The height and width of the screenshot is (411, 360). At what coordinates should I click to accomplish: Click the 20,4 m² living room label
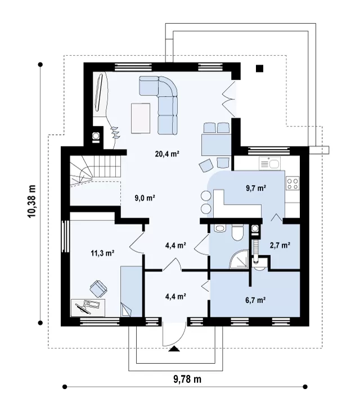click(167, 154)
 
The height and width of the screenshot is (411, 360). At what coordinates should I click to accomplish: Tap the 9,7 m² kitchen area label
click(256, 188)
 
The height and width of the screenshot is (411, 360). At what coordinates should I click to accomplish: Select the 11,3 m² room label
click(102, 253)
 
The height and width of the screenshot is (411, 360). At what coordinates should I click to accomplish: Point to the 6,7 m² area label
click(255, 300)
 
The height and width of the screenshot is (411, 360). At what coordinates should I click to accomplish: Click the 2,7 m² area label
click(280, 245)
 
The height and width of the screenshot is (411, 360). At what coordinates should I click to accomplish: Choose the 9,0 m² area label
click(145, 198)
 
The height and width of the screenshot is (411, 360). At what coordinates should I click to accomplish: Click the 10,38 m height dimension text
click(31, 201)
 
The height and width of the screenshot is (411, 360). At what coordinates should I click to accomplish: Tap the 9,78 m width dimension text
click(187, 379)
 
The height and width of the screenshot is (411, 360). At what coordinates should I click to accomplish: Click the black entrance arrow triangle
click(174, 349)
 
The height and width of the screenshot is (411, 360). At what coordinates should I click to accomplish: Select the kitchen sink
click(269, 164)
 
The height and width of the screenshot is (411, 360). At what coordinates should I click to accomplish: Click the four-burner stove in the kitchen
click(292, 183)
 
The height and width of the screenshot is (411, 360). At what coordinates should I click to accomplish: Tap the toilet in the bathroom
click(238, 233)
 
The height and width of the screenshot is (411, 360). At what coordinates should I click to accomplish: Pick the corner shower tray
click(238, 259)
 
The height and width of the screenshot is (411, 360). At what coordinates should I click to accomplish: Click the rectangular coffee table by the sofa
click(141, 118)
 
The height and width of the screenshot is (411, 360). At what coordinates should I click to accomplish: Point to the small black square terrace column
click(259, 69)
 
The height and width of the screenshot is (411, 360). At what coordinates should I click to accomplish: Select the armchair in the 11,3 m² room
click(98, 289)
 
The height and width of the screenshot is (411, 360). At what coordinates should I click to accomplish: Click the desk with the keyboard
click(88, 308)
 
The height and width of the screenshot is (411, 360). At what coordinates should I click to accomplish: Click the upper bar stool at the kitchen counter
click(206, 196)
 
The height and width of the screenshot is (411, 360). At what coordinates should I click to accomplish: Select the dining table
click(216, 144)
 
